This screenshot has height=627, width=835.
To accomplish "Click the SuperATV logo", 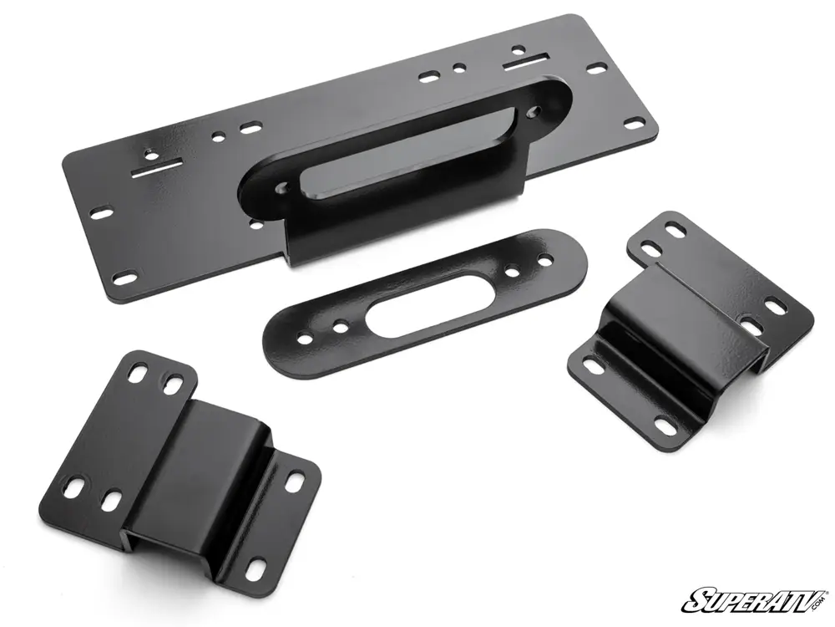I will click(x=755, y=599).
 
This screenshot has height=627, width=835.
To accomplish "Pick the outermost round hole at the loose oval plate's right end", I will click(x=545, y=261).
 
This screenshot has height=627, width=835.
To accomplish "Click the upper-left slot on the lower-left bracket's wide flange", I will click(x=136, y=375).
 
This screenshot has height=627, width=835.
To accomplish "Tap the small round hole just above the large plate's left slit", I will click(x=148, y=153).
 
